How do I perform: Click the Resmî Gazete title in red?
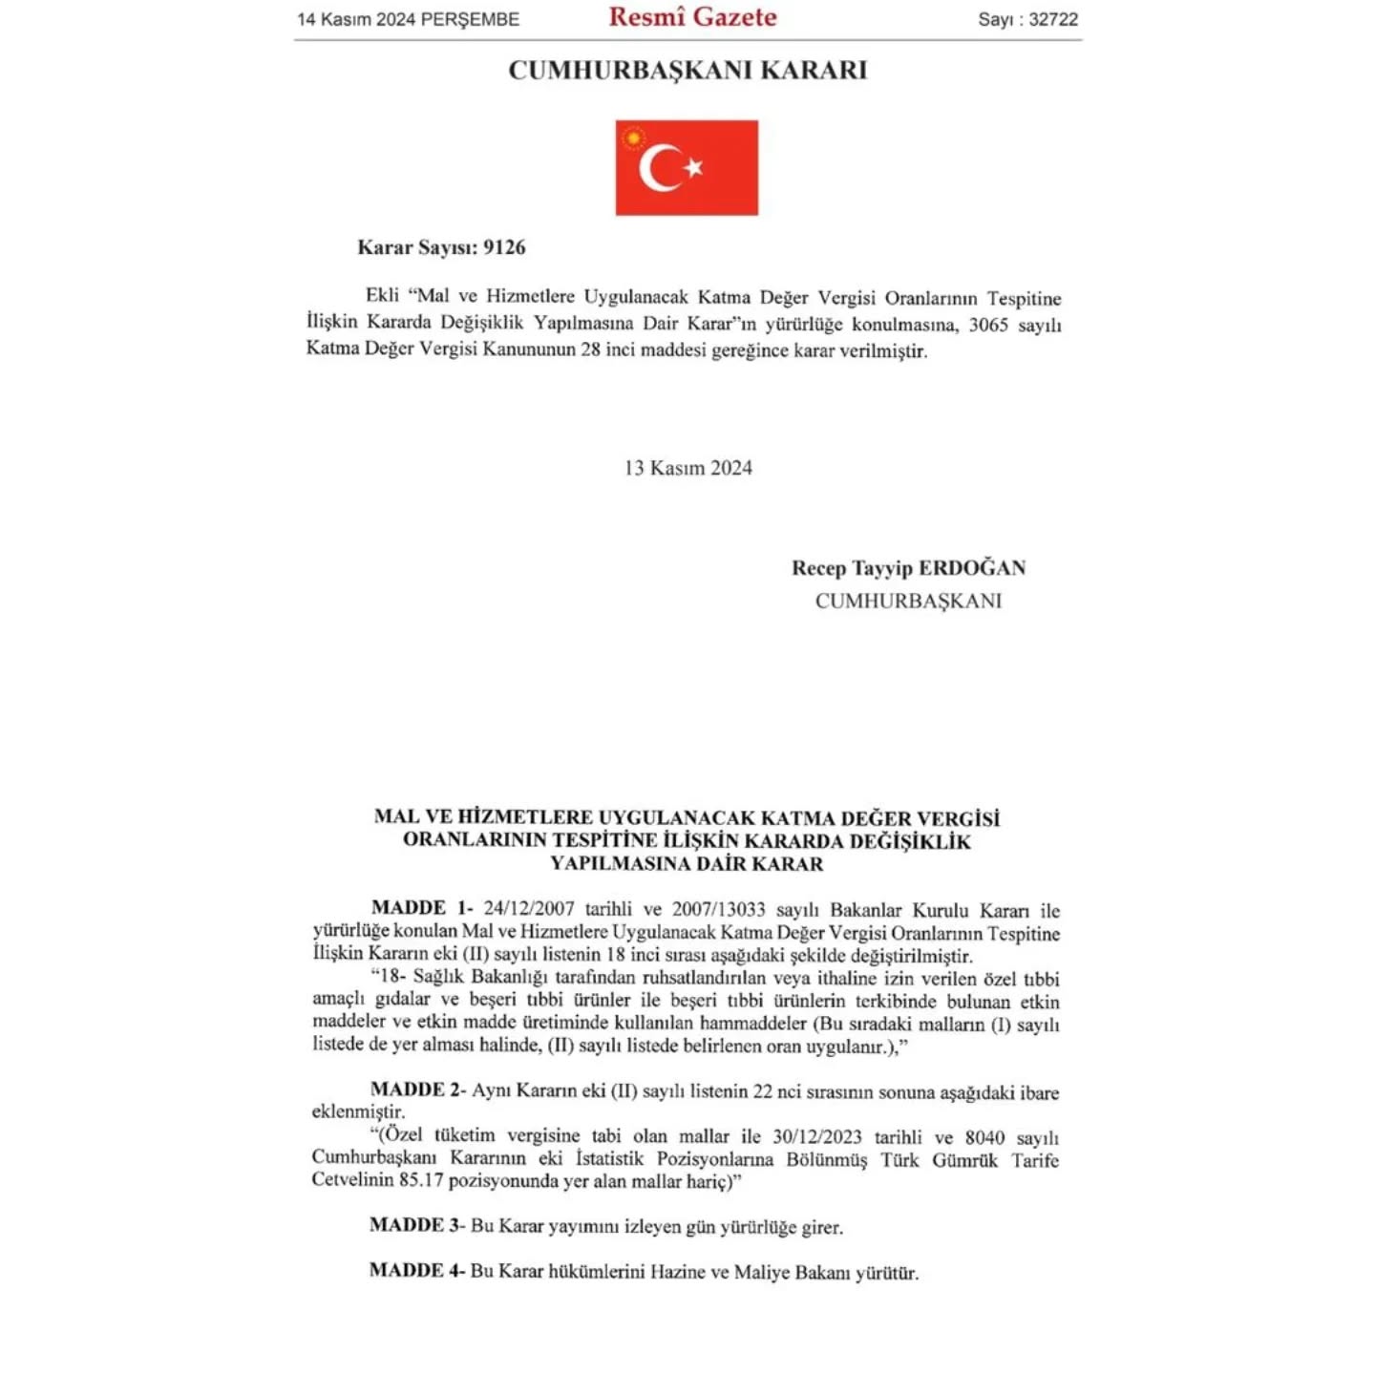coord(692,17)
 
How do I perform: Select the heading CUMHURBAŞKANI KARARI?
coord(687,71)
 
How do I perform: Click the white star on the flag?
coord(694,167)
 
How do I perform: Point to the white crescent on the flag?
coord(656,168)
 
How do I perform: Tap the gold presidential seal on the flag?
coord(633,138)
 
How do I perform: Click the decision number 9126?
coord(504,247)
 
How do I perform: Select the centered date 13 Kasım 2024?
coord(687,468)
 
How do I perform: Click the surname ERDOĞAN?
coord(972,568)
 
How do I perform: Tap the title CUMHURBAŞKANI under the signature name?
coord(908,601)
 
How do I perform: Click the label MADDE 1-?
coord(421,908)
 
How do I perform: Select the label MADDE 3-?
coord(417,1225)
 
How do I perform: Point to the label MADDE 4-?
coord(417,1270)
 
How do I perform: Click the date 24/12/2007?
coord(528,909)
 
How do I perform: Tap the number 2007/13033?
coord(718,909)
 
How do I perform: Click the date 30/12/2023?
coord(816,1137)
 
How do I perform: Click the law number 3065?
coord(988,325)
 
